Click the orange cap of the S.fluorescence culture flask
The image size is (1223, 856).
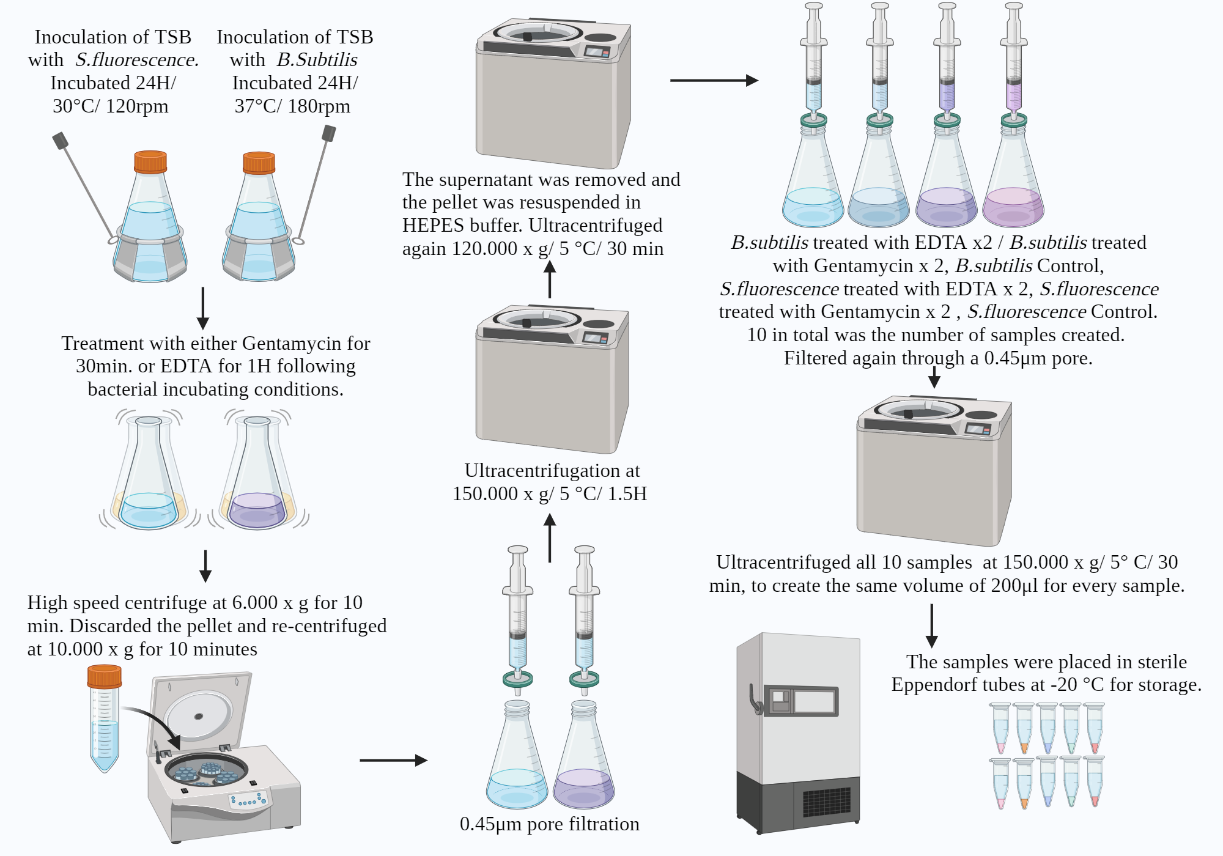coord(150,162)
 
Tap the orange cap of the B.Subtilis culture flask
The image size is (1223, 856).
coord(259,163)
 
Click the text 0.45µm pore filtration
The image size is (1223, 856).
coord(549,824)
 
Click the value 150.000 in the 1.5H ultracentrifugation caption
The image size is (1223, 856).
coord(484,494)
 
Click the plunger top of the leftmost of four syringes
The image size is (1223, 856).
coord(813,6)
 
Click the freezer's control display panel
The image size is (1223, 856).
coord(803,701)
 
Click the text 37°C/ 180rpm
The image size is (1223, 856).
coord(292,106)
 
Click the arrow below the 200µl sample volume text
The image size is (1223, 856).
coord(931,625)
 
